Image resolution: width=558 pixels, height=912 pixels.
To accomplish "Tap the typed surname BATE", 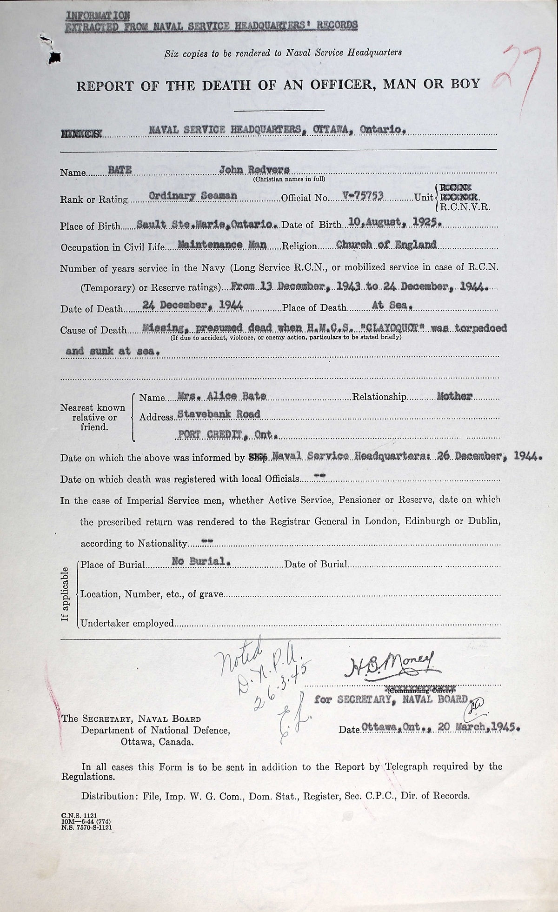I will click(120, 170).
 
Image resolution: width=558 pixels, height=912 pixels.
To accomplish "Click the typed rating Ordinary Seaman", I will click(193, 196).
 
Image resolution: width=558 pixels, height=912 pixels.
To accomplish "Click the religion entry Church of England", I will click(386, 244).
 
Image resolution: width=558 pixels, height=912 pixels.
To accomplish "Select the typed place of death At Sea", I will click(392, 306).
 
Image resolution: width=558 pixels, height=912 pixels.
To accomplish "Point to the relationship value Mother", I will click(455, 396).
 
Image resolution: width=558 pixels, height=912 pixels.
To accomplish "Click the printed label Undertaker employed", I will click(127, 623).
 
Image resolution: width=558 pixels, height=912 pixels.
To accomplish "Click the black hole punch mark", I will click(54, 57).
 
